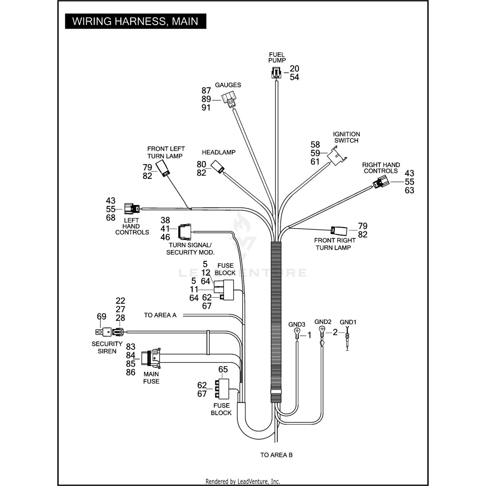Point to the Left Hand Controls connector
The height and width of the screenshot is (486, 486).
132,209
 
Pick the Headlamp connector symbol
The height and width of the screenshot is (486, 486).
217,167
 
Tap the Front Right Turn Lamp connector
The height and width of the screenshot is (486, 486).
339,231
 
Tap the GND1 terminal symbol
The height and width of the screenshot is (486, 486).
347,339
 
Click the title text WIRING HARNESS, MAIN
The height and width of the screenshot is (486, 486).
135,21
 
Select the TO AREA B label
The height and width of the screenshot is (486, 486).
276,455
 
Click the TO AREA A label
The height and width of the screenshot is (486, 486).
160,315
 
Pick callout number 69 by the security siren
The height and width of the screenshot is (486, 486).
101,317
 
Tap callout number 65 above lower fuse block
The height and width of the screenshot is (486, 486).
223,369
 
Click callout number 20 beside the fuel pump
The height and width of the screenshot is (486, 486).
294,69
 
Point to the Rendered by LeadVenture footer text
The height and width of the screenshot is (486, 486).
243,481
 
